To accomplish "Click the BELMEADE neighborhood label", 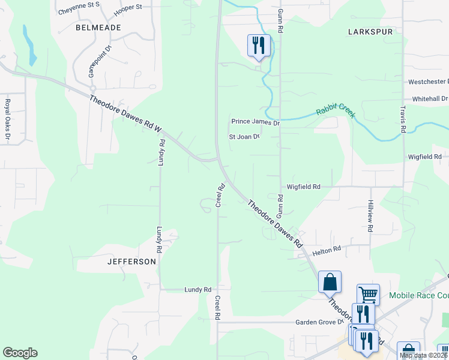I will (98, 28).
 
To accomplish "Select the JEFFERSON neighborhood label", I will (131, 262).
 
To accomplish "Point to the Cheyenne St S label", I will (79, 12).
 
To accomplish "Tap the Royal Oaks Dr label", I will (8, 121).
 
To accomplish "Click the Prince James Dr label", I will (256, 122).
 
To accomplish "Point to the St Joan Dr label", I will (244, 137).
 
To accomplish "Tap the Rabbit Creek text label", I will (336, 110).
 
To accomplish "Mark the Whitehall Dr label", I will (430, 98).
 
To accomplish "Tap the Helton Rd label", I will (326, 249).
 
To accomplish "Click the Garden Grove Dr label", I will (318, 322).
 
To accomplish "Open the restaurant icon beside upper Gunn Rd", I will (259, 45).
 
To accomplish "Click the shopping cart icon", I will (368, 294).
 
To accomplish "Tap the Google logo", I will (20, 353).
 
